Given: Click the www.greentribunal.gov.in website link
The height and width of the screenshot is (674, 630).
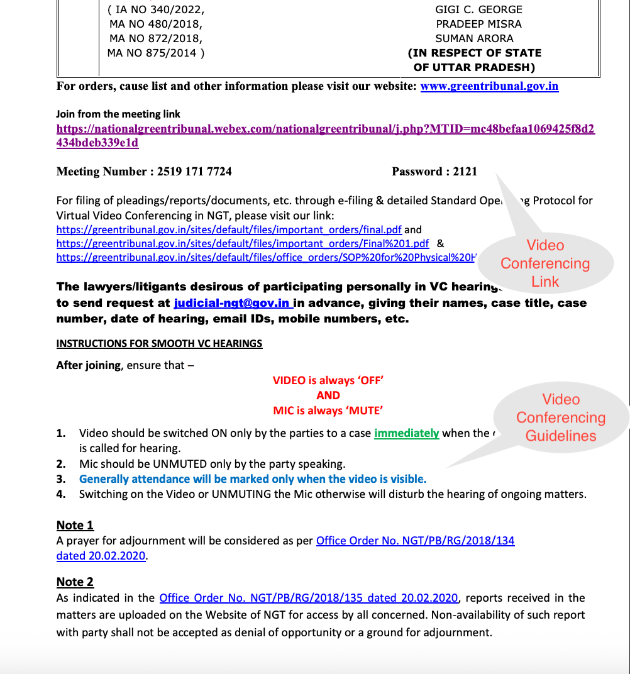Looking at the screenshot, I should pos(489,86).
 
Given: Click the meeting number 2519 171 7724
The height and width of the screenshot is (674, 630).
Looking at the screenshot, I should pos(194,172).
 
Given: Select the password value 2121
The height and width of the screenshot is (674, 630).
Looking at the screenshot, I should pos(465,172).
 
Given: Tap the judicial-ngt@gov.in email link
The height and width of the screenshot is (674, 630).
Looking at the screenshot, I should pos(231,303).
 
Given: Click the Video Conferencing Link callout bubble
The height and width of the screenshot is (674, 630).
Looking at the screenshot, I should pos(545,263).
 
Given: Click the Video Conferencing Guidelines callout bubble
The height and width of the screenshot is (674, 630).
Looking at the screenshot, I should pos(560,417).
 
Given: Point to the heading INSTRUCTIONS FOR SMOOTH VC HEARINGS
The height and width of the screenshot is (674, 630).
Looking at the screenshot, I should pos(159,343).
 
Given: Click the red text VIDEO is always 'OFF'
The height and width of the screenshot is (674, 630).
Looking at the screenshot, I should pos(328,380).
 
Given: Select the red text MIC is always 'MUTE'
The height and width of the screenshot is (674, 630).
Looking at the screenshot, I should pos(328,411).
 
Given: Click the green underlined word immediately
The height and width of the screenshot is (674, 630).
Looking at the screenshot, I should pos(406,433).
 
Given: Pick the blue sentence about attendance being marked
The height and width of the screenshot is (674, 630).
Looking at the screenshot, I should pos(252,479).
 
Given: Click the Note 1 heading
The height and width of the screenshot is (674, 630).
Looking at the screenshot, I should pos(75,525).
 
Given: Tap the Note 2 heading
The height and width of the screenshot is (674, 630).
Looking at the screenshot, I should pos(75,582).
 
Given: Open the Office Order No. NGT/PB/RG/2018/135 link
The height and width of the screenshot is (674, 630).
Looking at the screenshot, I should pos(308,598).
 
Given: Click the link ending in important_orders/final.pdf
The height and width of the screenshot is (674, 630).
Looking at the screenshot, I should pos(229,229).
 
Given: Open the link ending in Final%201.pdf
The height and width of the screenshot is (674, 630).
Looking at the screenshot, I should pos(243,243).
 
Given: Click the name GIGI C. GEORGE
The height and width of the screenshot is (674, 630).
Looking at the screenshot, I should pos(478,9).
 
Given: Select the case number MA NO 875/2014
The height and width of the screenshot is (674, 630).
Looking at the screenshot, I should pos(155,53).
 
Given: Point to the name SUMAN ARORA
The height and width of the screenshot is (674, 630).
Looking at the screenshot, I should pos(474,38).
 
